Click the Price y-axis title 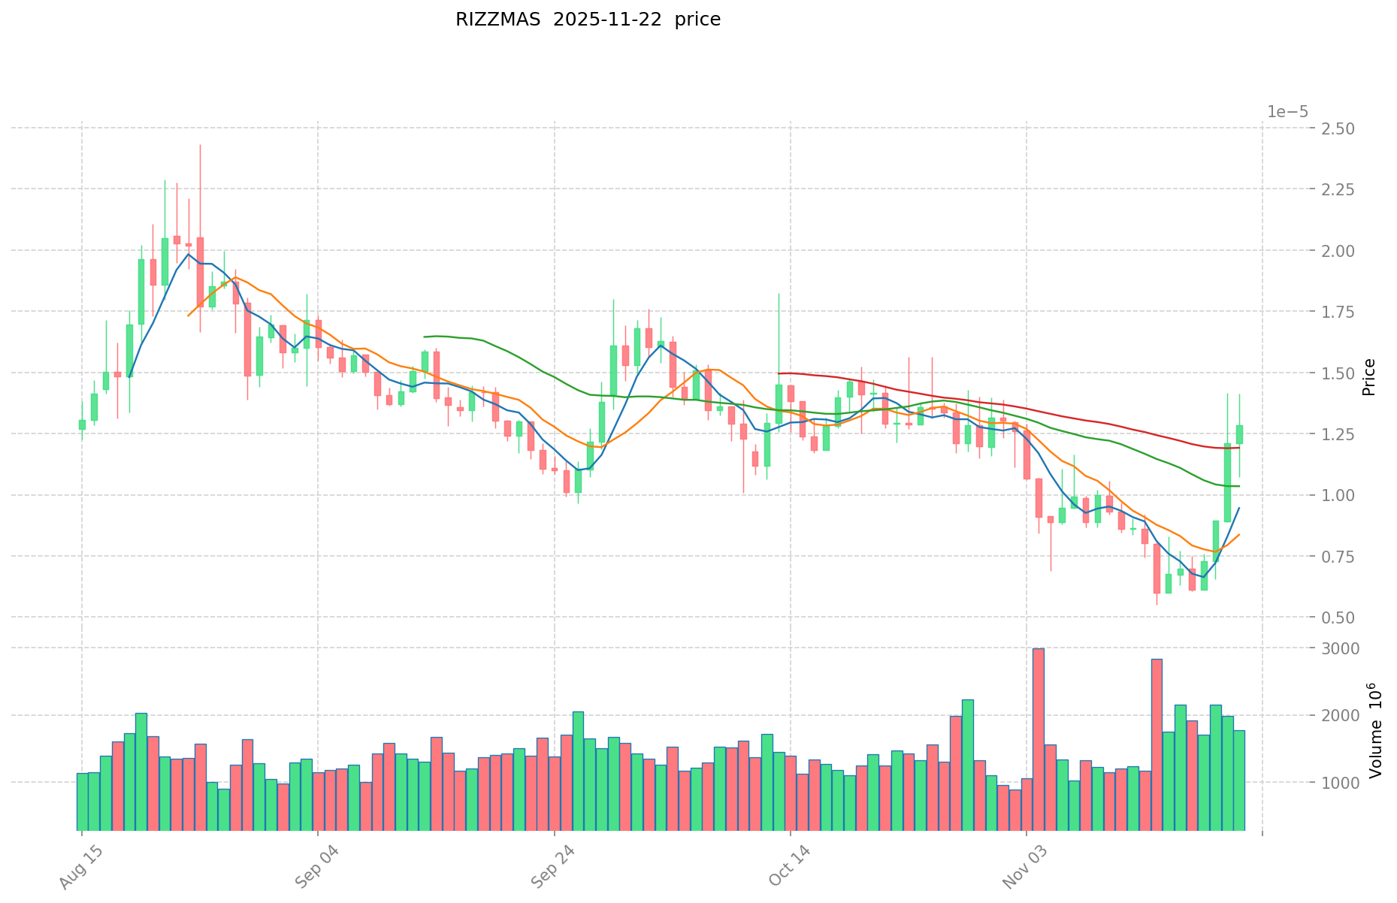click(1368, 377)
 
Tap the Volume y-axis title click(1374, 730)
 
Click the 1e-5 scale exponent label click(1287, 112)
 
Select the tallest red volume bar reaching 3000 click(1038, 739)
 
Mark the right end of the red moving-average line click(1239, 447)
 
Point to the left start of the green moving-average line click(425, 337)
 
